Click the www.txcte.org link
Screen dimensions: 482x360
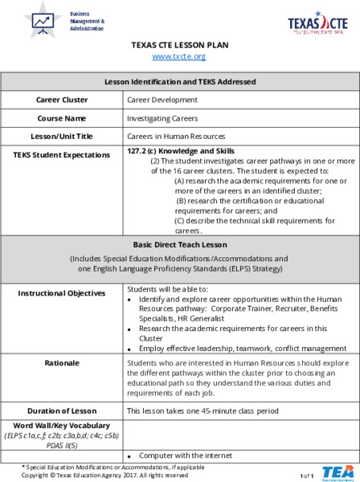click(x=179, y=56)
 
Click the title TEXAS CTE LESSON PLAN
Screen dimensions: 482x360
click(x=179, y=45)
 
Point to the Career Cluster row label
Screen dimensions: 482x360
click(x=62, y=100)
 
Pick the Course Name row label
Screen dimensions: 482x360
click(x=62, y=118)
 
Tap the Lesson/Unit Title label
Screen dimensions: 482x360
click(x=62, y=137)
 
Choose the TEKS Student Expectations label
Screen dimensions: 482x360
click(x=62, y=153)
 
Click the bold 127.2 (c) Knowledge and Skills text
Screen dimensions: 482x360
click(x=181, y=151)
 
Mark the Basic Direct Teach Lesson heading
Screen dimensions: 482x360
click(x=180, y=244)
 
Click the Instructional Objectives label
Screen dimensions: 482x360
click(x=62, y=293)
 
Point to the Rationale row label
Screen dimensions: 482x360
click(x=62, y=363)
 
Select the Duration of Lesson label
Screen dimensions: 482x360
click(x=62, y=411)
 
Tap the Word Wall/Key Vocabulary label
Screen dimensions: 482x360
click(x=62, y=425)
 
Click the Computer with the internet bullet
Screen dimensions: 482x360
click(x=178, y=456)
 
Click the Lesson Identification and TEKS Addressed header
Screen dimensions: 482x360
click(x=180, y=82)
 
